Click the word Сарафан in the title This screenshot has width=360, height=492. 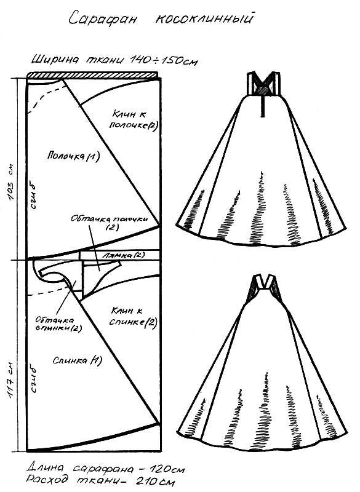[x=103, y=18]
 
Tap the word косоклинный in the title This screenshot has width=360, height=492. [x=204, y=19]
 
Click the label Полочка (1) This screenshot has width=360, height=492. [x=73, y=156]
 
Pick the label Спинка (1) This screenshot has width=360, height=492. [x=77, y=360]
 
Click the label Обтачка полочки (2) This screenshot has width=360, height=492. [x=110, y=222]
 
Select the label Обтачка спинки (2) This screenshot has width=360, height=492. [x=58, y=324]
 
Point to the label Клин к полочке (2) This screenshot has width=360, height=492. [x=133, y=119]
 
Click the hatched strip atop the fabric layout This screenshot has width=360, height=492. [x=92, y=74]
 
